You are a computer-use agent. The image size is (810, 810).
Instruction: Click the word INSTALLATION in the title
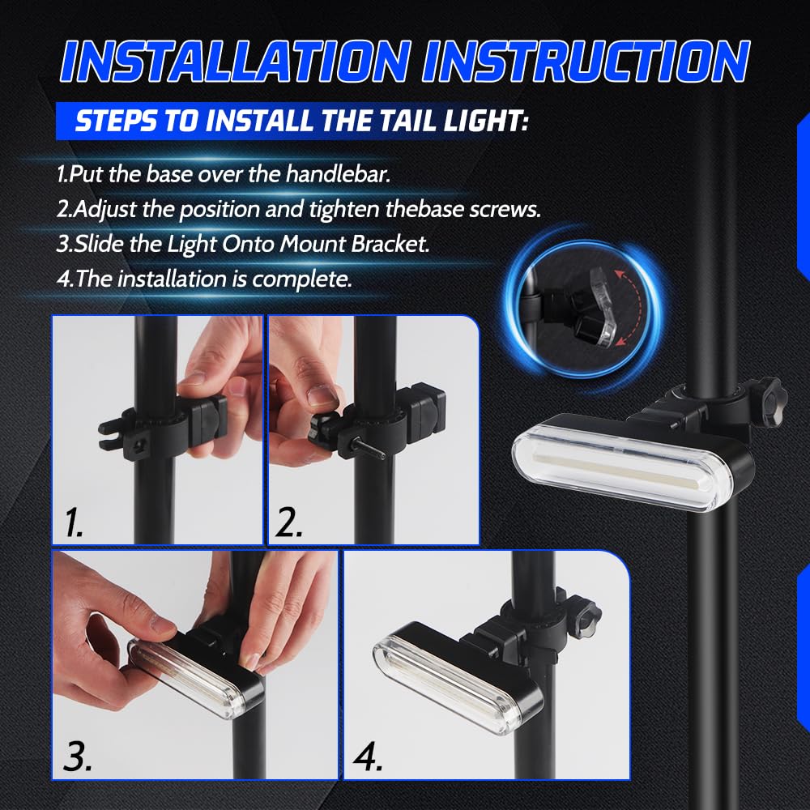[235, 61]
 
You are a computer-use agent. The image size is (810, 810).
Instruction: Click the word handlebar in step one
[339, 173]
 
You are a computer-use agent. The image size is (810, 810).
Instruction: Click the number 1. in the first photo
[74, 522]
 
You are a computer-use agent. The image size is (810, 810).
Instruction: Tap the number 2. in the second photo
[288, 522]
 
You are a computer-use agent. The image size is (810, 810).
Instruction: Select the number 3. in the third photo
[78, 757]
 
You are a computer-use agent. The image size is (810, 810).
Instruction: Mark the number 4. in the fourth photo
[368, 757]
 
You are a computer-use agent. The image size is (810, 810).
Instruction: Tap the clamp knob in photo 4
[586, 616]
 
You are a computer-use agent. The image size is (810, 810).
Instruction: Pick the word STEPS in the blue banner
[115, 121]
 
